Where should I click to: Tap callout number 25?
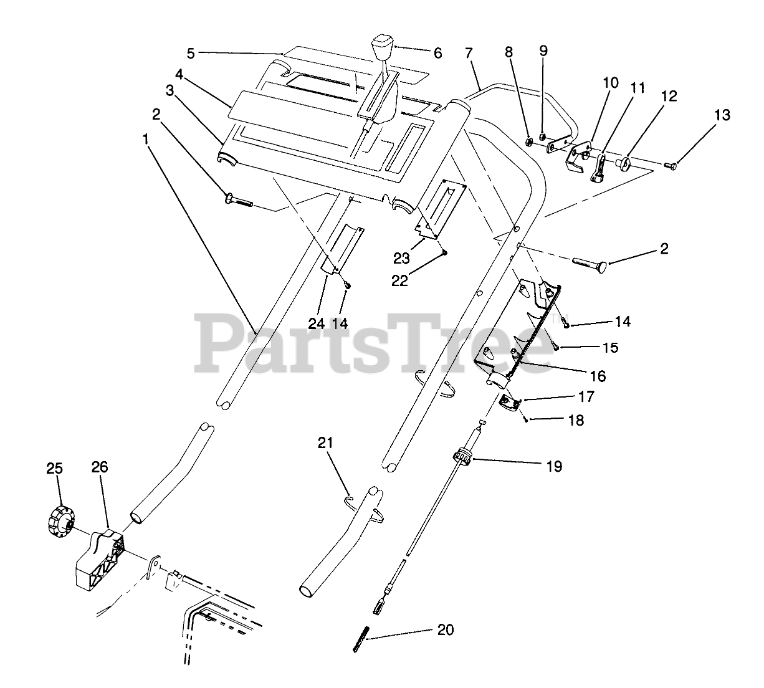[x=55, y=468]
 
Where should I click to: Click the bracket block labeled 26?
[x=100, y=555]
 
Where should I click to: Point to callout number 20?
[x=445, y=630]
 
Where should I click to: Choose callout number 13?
[x=722, y=115]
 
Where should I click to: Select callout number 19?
[x=554, y=466]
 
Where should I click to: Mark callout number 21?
[x=325, y=443]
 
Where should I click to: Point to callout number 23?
[x=401, y=258]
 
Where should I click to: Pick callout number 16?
[x=597, y=376]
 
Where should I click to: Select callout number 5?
[x=191, y=53]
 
